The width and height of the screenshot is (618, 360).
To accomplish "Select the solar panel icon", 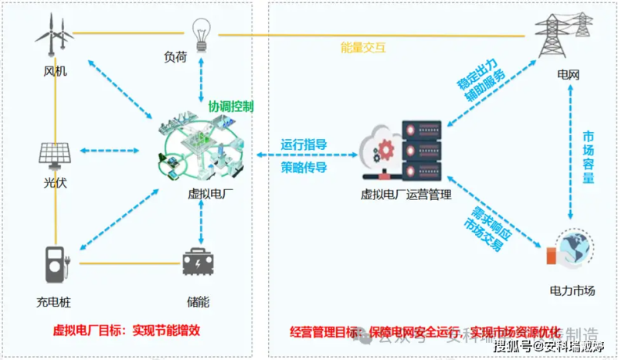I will [56, 151].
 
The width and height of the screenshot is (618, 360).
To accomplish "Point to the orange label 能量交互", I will [363, 47].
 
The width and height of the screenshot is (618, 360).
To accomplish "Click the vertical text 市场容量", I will [588, 157].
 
